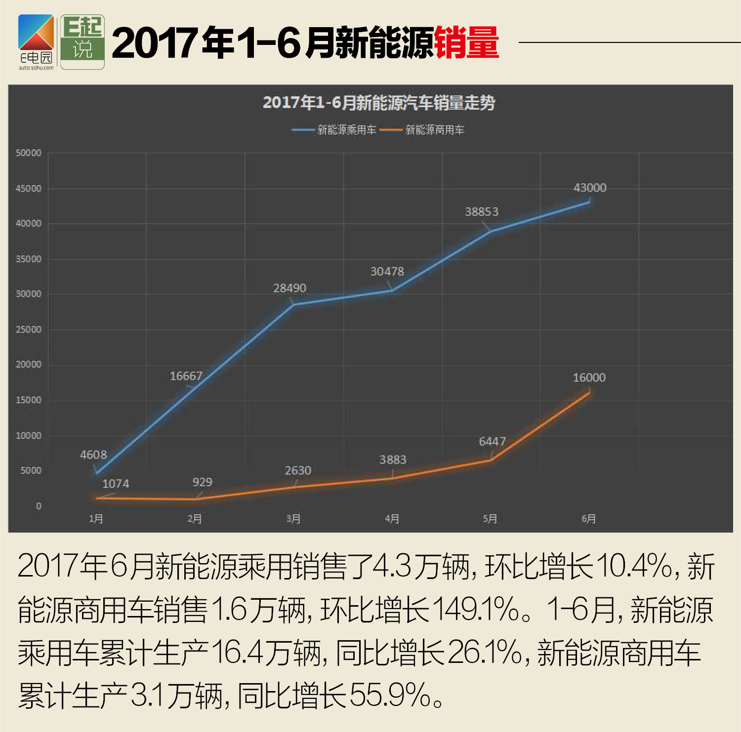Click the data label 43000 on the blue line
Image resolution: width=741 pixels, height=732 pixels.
click(589, 188)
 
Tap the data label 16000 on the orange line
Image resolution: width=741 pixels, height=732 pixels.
click(589, 378)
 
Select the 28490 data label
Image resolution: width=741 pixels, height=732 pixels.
click(289, 288)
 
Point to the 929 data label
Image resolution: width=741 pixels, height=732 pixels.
click(202, 482)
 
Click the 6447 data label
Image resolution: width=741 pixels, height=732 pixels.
click(492, 441)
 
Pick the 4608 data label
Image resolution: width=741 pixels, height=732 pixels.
click(93, 455)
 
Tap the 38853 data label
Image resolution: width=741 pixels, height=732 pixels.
click(482, 212)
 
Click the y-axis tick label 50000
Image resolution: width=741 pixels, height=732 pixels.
click(29, 153)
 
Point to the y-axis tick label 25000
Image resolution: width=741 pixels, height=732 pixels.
click(29, 329)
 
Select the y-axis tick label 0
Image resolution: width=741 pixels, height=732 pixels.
click(38, 506)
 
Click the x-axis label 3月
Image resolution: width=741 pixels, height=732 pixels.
click(293, 519)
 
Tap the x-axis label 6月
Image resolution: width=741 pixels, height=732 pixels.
click(588, 519)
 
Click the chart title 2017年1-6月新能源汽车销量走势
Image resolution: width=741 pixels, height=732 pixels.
click(378, 103)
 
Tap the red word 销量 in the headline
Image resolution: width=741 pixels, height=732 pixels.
click(466, 43)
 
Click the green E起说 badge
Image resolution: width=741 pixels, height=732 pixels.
click(82, 42)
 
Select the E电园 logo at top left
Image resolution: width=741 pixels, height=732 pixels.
click(36, 42)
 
